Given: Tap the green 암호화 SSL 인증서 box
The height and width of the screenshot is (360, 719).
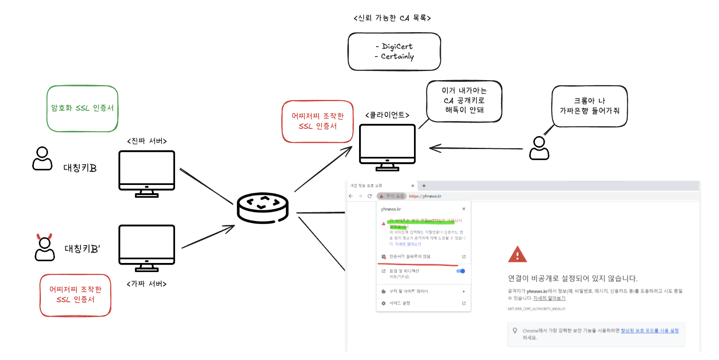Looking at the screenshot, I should (x=83, y=109).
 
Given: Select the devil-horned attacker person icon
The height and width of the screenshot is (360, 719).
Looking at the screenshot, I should (x=45, y=248).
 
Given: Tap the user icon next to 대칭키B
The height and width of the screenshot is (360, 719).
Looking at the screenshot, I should (x=42, y=159).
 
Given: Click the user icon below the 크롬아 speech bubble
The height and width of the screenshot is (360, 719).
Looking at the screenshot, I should (x=539, y=149).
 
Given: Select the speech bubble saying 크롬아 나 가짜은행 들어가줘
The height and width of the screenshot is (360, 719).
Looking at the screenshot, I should (x=589, y=106).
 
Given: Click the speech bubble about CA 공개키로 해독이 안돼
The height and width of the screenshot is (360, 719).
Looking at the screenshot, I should (x=464, y=101).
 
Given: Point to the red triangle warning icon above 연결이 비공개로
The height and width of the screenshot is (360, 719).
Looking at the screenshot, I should (x=517, y=254).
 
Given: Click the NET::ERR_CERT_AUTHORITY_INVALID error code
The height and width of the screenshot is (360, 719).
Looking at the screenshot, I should (x=536, y=309).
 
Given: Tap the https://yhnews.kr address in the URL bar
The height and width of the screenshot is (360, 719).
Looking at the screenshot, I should (x=425, y=196).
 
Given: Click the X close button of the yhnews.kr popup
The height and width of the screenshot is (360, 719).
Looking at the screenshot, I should (x=464, y=209).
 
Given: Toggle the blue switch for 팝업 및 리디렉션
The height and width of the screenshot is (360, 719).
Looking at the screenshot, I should (x=461, y=271).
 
